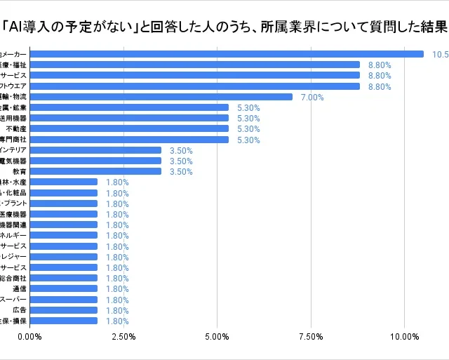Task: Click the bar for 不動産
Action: pos(129,128)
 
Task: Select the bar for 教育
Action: pos(95,171)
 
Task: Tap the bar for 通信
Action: pos(63,288)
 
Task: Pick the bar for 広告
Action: pos(63,309)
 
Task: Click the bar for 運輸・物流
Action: pos(161,97)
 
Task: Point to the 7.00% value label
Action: pos(312,97)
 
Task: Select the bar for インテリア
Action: pos(95,150)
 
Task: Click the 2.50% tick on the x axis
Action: pos(123,337)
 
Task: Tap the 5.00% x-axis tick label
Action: pos(217,337)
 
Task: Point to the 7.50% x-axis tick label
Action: pos(311,337)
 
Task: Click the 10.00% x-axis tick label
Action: pos(404,337)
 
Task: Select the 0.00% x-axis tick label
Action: pos(29,337)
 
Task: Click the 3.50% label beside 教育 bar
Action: pos(181,171)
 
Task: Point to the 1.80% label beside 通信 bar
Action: pos(117,288)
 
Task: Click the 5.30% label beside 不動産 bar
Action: pos(248,129)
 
